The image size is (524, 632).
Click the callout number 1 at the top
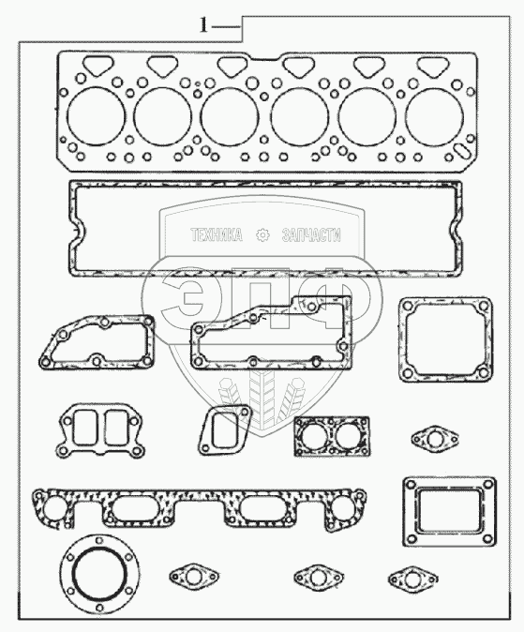click(204, 26)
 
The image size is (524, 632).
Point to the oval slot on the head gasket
click(460, 152)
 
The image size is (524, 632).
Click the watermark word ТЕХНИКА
click(217, 235)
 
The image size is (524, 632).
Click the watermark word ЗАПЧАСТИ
click(311, 235)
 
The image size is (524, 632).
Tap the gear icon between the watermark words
click(262, 235)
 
